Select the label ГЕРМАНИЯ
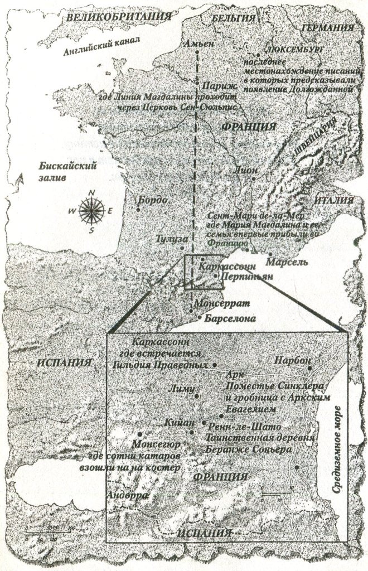(327, 28)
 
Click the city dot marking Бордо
(138, 209)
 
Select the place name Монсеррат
(220, 304)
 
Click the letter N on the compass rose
(93, 193)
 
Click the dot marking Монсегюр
(139, 433)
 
